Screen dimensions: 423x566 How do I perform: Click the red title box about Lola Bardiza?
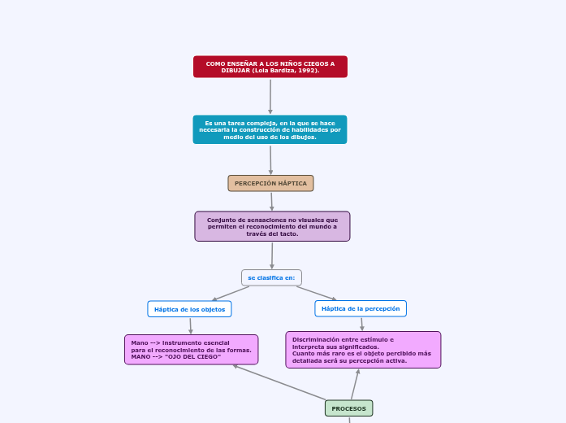pyautogui.click(x=270, y=67)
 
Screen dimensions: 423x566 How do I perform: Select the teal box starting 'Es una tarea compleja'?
pyautogui.click(x=270, y=129)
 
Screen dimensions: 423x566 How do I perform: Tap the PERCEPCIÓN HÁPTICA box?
pyautogui.click(x=270, y=183)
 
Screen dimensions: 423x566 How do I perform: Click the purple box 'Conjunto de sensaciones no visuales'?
pyautogui.click(x=272, y=226)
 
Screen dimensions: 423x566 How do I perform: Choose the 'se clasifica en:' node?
pyautogui.click(x=271, y=277)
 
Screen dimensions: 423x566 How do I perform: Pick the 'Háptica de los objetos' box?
pyautogui.click(x=189, y=309)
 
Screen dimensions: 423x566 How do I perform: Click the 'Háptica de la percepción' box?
pyautogui.click(x=361, y=308)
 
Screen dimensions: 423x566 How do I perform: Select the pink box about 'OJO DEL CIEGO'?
pyautogui.click(x=191, y=350)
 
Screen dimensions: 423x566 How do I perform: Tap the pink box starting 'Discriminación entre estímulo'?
pyautogui.click(x=363, y=350)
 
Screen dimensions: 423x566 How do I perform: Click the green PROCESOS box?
pyautogui.click(x=348, y=408)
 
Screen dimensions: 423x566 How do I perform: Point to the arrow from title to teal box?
pyautogui.click(x=270, y=96)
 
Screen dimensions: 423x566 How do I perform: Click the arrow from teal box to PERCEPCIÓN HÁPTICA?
pyautogui.click(x=270, y=159)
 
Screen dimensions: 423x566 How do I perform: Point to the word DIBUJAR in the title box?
pyautogui.click(x=235, y=71)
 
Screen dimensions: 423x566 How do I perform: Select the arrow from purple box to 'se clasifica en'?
pyautogui.click(x=272, y=255)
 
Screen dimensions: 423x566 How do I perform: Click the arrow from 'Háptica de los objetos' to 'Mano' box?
pyautogui.click(x=190, y=325)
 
